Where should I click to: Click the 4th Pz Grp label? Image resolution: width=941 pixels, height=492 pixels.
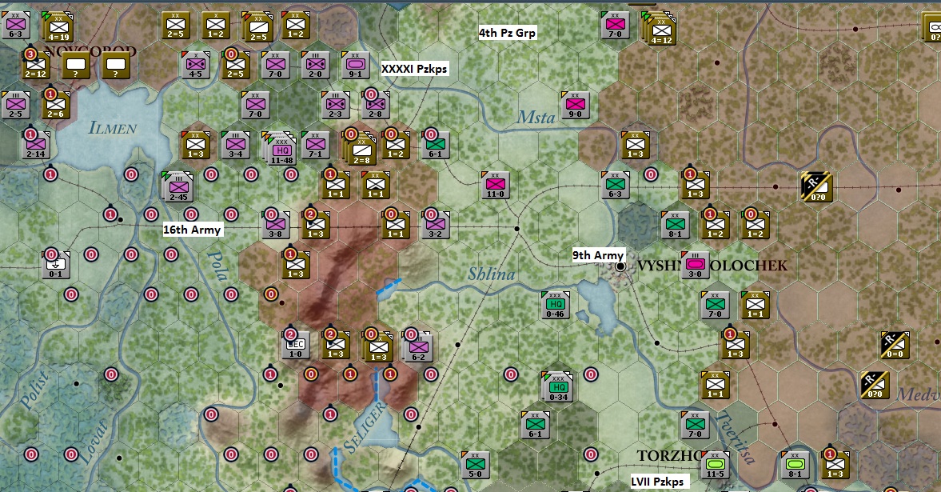point(508,33)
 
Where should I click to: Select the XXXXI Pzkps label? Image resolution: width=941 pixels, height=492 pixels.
point(414,69)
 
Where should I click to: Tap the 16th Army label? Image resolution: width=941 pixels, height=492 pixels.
point(192,230)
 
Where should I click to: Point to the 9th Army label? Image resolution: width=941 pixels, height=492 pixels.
point(598,256)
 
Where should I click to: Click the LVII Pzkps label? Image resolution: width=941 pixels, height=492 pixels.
point(658,482)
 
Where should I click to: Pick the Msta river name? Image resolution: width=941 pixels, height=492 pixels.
point(536,118)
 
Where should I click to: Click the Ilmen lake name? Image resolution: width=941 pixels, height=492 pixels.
point(113,127)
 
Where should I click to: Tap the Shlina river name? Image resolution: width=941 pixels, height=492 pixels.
point(491,274)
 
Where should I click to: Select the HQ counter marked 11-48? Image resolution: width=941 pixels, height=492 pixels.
point(281,149)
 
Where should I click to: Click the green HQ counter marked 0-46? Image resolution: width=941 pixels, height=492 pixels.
point(556,304)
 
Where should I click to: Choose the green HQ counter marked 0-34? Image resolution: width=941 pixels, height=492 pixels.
point(559,386)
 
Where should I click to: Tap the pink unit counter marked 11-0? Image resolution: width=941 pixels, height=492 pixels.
point(495,186)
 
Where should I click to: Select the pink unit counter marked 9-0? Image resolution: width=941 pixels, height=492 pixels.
point(575,104)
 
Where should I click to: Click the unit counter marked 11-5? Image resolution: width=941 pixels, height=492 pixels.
point(716,464)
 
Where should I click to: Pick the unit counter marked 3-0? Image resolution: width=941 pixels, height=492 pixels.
point(696,265)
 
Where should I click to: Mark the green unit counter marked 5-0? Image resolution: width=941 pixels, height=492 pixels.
point(475,464)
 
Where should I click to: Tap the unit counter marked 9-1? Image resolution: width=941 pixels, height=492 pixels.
point(355,64)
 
